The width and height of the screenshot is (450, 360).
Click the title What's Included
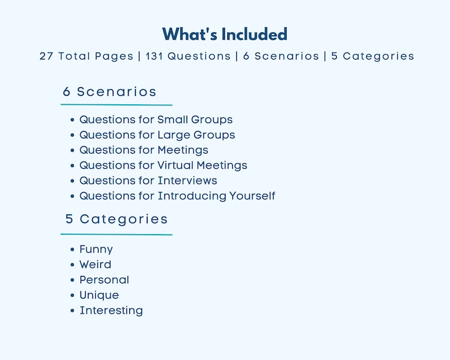point(224,34)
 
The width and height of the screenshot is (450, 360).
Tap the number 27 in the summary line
point(46,56)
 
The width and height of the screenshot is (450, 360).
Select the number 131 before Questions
point(154,56)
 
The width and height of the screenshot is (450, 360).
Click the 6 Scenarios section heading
point(110,92)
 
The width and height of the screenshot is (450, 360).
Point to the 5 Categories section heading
point(117,219)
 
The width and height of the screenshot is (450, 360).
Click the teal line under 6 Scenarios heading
point(116,105)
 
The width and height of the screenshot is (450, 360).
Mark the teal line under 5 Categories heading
point(116,234)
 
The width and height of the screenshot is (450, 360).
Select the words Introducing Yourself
point(216,196)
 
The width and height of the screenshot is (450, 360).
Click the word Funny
point(96,249)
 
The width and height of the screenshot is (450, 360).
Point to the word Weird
point(95,265)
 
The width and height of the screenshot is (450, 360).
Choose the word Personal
point(104,280)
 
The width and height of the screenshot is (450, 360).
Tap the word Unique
point(99,295)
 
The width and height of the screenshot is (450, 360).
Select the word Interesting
point(111,311)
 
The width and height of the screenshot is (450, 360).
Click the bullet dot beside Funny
point(73,249)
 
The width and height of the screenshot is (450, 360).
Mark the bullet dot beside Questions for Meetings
point(73,150)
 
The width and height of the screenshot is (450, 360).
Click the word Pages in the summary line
point(113,56)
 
